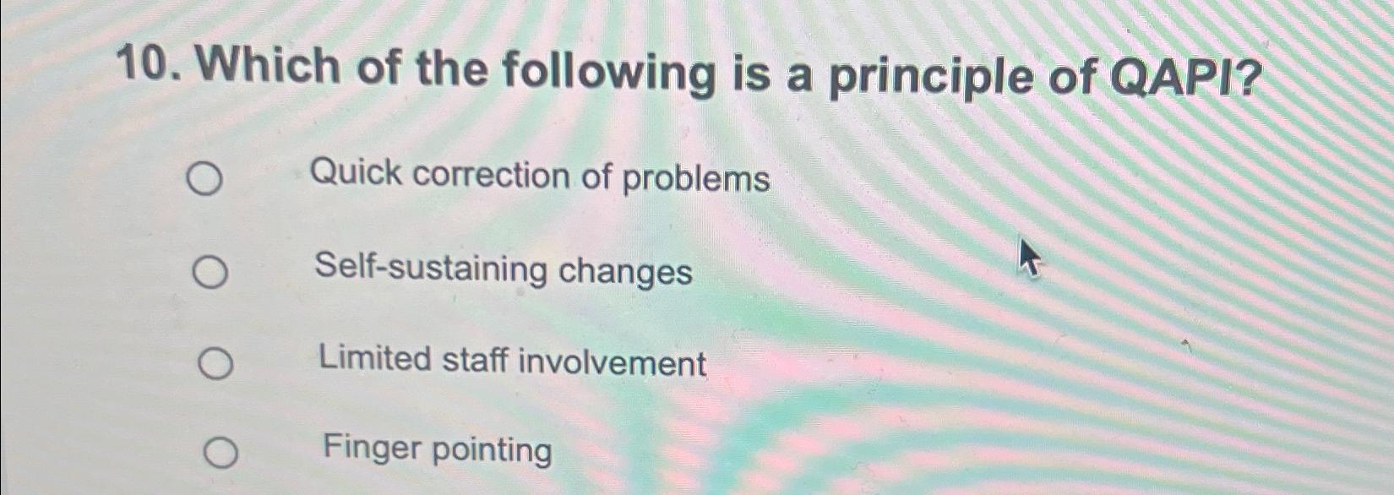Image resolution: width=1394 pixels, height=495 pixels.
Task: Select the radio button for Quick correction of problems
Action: coord(204,180)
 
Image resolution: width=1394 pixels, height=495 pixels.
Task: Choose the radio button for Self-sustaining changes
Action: coord(209,273)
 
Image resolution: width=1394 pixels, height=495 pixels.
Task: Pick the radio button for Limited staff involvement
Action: coord(215,364)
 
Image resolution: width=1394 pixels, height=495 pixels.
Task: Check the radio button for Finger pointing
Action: coord(221,454)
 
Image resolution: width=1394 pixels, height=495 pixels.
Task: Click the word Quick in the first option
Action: coord(356,173)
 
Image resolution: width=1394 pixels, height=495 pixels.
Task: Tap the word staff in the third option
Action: coord(474,360)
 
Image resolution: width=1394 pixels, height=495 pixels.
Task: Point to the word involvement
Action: coord(612,363)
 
